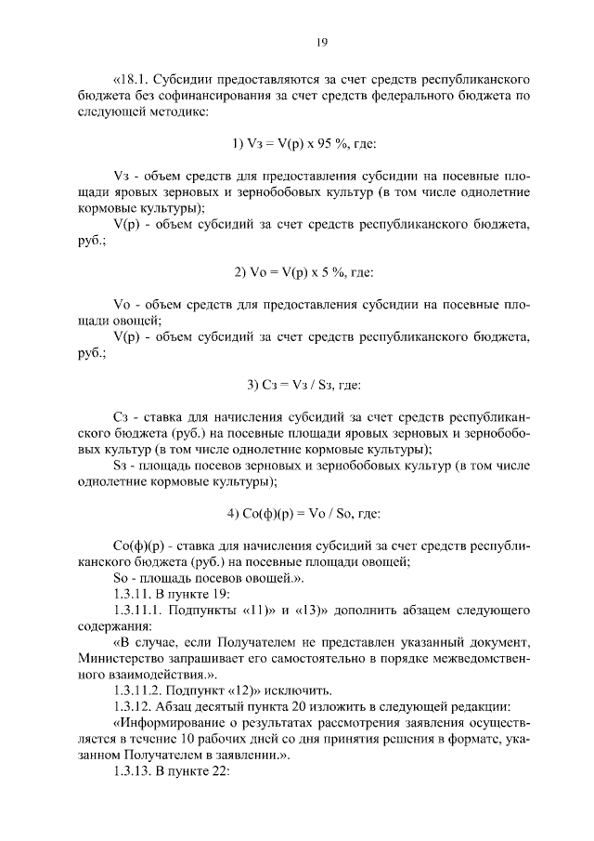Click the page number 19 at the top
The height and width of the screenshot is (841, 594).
tap(297, 41)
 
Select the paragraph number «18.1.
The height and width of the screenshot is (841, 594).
tap(132, 78)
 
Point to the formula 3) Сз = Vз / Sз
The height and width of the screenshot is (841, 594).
tap(297, 385)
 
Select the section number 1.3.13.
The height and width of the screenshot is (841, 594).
tap(134, 770)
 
